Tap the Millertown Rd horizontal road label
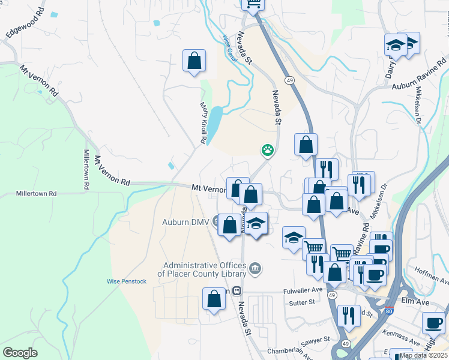36,194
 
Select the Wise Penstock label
126,281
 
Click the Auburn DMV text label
185,222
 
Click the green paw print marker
268,150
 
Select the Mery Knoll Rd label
203,122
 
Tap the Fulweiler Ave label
303,291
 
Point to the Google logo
20,353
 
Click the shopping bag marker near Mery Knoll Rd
194,61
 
